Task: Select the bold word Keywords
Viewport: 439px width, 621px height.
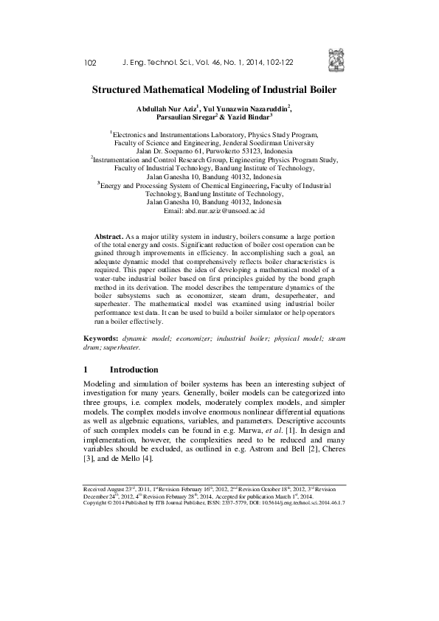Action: (99, 337)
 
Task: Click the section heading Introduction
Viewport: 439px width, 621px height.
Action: (134, 370)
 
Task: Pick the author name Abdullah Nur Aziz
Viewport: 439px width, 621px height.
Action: (165, 108)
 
